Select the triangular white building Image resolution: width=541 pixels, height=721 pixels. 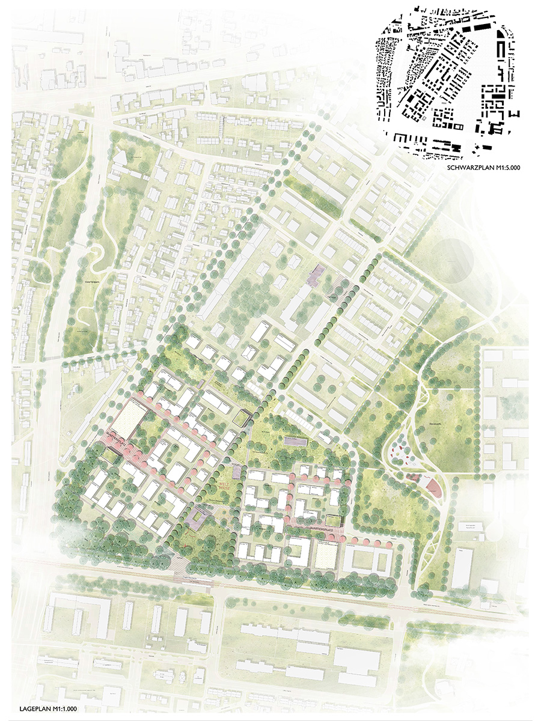120,157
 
